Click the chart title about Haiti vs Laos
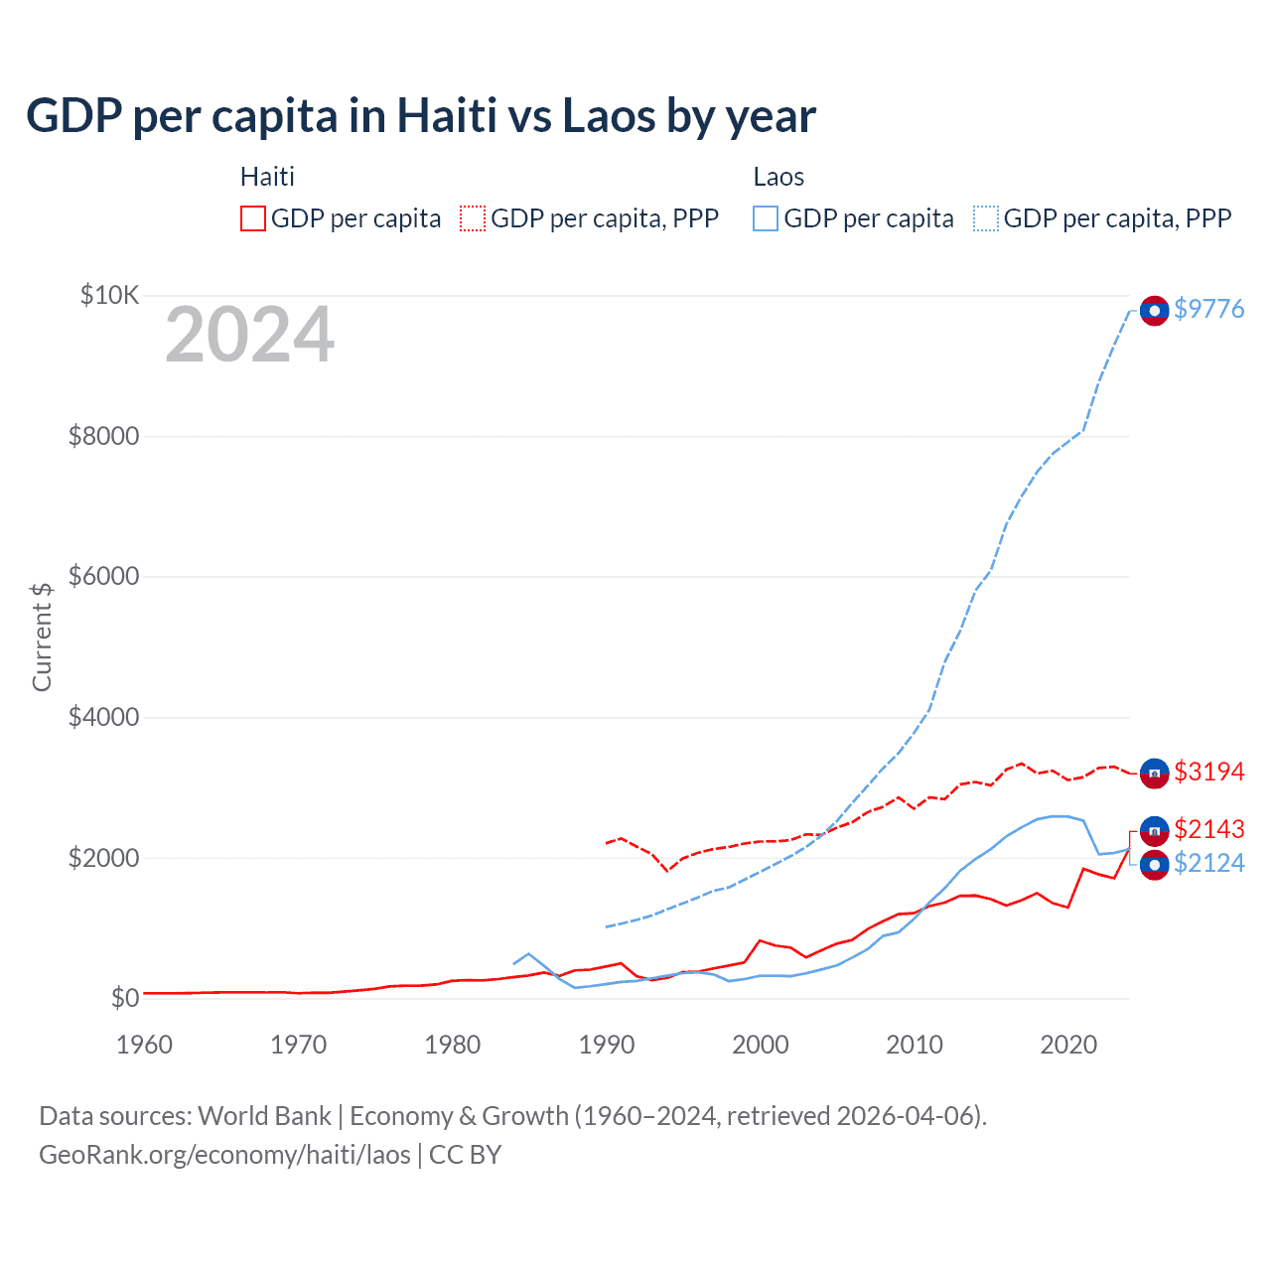click(x=421, y=116)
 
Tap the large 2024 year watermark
click(x=249, y=335)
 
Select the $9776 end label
click(x=1208, y=309)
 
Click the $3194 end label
click(x=1208, y=772)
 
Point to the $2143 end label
click(x=1208, y=829)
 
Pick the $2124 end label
click(x=1208, y=863)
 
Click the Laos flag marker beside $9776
click(x=1154, y=311)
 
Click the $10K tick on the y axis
click(x=109, y=295)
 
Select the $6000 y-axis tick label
click(x=103, y=576)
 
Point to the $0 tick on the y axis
click(x=124, y=998)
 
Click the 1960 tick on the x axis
click(x=144, y=1045)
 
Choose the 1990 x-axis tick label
click(x=606, y=1045)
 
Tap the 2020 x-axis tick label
click(x=1067, y=1045)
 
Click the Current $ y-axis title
click(x=42, y=636)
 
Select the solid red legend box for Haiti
click(x=253, y=218)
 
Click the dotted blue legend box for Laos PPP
click(x=986, y=218)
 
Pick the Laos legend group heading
click(x=778, y=177)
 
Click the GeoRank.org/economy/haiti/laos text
click(x=224, y=1155)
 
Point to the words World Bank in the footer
click(x=264, y=1116)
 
